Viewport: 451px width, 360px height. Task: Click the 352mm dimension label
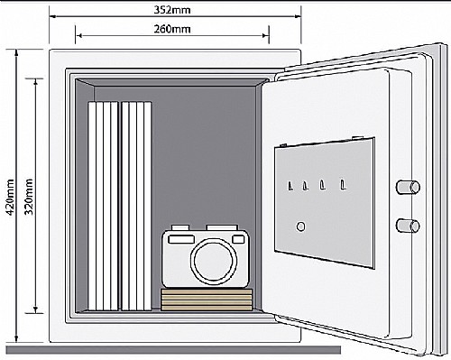tap(172, 10)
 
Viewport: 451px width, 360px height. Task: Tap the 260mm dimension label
tap(172, 29)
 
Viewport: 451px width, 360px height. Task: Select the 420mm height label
tap(11, 197)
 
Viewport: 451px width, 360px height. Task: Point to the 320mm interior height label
tap(29, 197)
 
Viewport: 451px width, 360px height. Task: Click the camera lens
tap(214, 261)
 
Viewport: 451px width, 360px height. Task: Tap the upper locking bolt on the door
tap(408, 187)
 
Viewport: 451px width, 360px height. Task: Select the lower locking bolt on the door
tap(408, 226)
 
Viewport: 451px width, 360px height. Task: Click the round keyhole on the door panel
tap(300, 226)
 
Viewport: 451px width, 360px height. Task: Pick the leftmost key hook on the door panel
tap(290, 186)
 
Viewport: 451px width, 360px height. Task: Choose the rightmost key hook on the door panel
tap(343, 185)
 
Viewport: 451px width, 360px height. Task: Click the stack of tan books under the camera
tap(207, 300)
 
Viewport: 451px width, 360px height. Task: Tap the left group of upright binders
tap(103, 207)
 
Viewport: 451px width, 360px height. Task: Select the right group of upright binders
tap(136, 207)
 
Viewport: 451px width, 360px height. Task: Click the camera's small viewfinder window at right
tap(238, 239)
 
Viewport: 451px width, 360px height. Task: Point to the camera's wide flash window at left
tap(181, 239)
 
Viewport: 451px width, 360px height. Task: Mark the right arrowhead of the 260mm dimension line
tap(266, 35)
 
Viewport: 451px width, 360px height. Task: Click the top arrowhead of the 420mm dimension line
tap(16, 53)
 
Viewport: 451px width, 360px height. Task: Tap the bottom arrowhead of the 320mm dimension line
tap(36, 309)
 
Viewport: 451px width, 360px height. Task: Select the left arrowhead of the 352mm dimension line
tap(53, 16)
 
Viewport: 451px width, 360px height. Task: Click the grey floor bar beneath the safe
tap(173, 350)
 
